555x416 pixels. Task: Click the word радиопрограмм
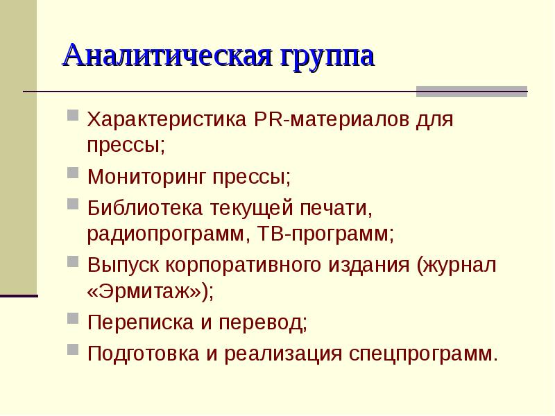pyautogui.click(x=164, y=234)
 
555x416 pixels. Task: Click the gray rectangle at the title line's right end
pyautogui.click(x=471, y=92)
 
